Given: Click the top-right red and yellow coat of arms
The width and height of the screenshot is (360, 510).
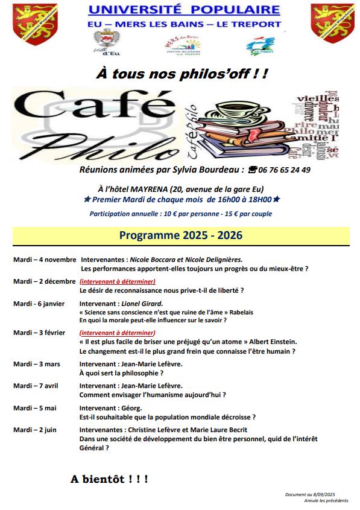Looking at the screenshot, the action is tap(332, 22).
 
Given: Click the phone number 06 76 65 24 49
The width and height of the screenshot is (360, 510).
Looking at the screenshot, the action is tap(283, 170).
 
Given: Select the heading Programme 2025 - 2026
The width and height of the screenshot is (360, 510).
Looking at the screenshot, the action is tap(181, 235).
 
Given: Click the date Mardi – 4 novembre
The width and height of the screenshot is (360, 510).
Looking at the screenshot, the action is tap(44, 259).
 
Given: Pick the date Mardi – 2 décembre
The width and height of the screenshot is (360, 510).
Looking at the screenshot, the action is tap(44, 281).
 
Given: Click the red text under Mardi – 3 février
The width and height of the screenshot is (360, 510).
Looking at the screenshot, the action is tap(118, 333).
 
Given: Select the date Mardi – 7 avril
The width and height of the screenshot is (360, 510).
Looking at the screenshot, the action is tap(36, 386).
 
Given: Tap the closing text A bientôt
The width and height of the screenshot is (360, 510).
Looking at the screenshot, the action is tap(109, 479).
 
